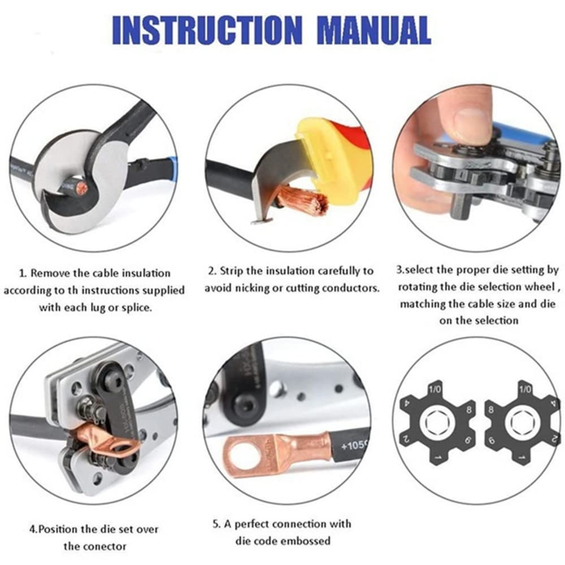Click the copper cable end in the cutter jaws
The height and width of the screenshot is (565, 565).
pyautogui.click(x=82, y=188)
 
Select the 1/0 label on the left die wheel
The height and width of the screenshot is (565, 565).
pyautogui.click(x=435, y=389)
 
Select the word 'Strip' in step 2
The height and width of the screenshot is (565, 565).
pyautogui.click(x=231, y=271)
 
